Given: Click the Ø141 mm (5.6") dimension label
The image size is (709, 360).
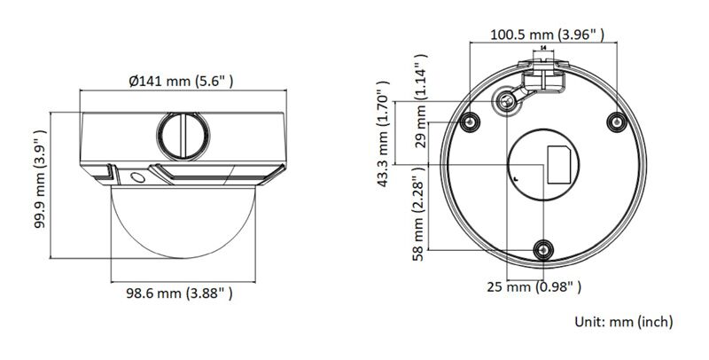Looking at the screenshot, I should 181,81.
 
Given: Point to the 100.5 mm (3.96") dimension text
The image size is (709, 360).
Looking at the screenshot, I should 548,35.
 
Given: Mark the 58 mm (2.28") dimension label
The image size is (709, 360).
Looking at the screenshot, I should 422,215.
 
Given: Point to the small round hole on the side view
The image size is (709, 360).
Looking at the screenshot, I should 137,177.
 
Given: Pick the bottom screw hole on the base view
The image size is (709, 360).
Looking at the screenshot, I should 543,250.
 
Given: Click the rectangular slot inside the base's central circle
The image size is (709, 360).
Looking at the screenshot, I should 559,166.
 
